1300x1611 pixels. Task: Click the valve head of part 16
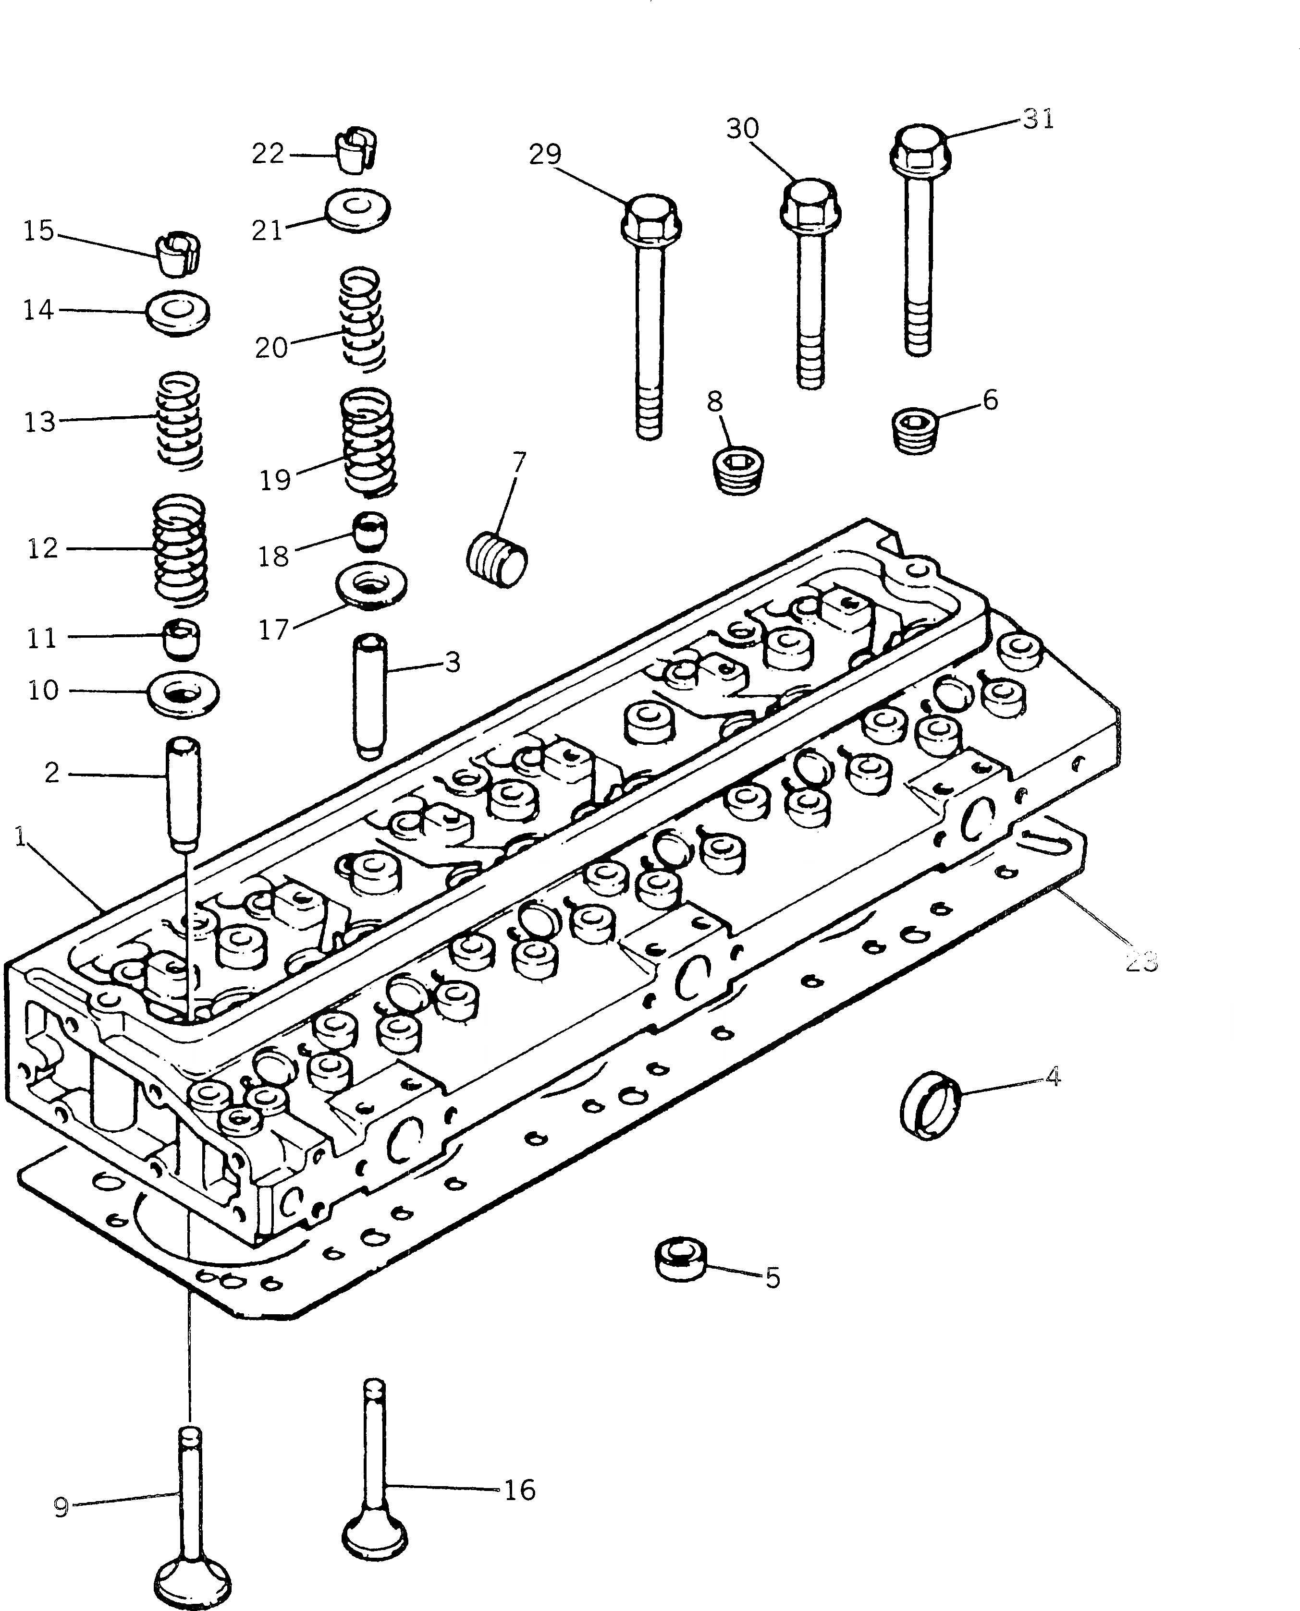coord(374,1536)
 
